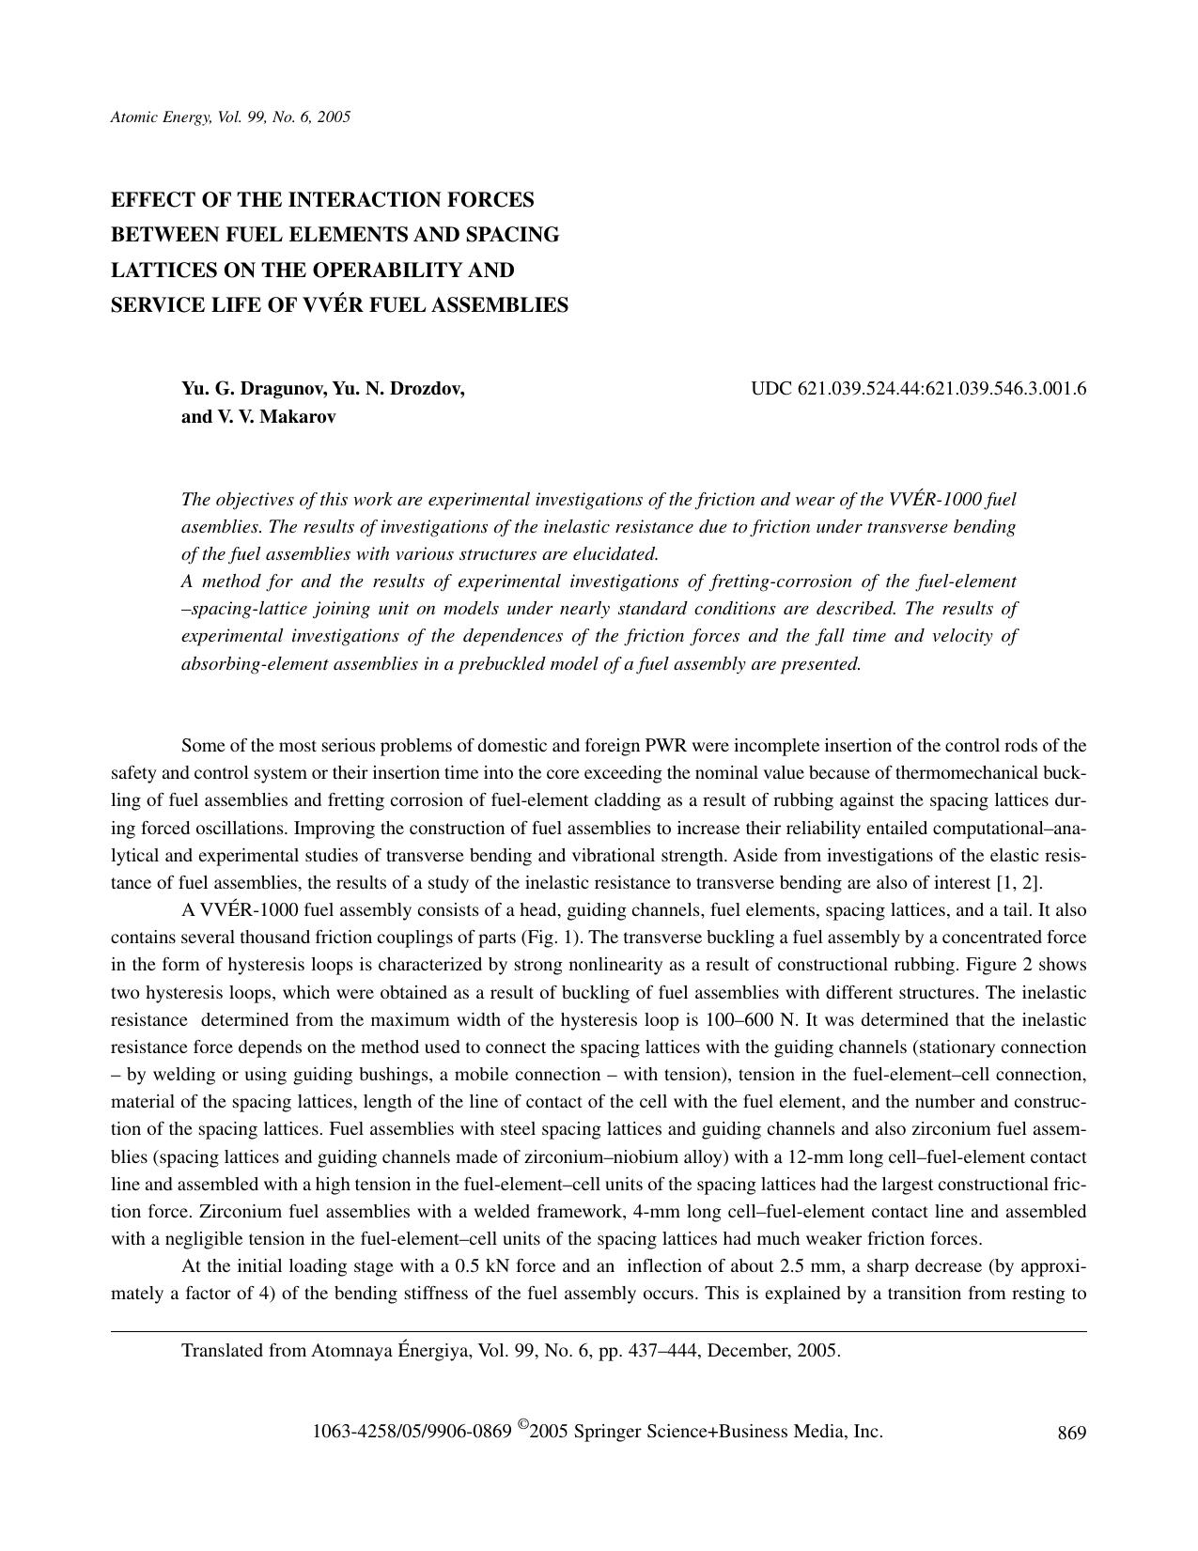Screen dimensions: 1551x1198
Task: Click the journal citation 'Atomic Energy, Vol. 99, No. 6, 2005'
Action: (x=230, y=117)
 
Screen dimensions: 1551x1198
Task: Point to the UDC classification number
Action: (x=918, y=389)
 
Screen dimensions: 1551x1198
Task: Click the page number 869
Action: (x=1071, y=1433)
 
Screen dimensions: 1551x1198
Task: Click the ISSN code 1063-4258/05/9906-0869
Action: (x=412, y=1432)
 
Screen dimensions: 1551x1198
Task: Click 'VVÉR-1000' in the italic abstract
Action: (x=928, y=500)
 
